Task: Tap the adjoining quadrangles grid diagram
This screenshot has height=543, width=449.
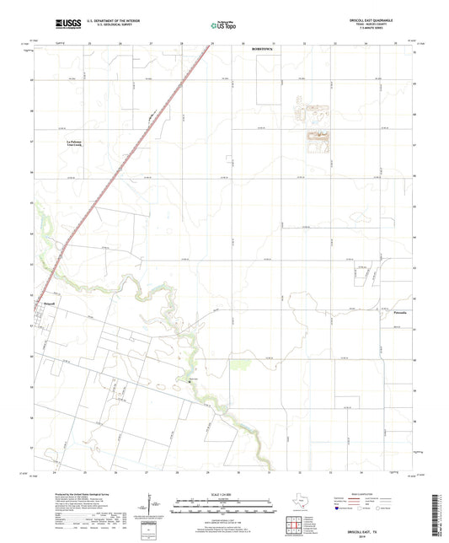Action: pos(293,528)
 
